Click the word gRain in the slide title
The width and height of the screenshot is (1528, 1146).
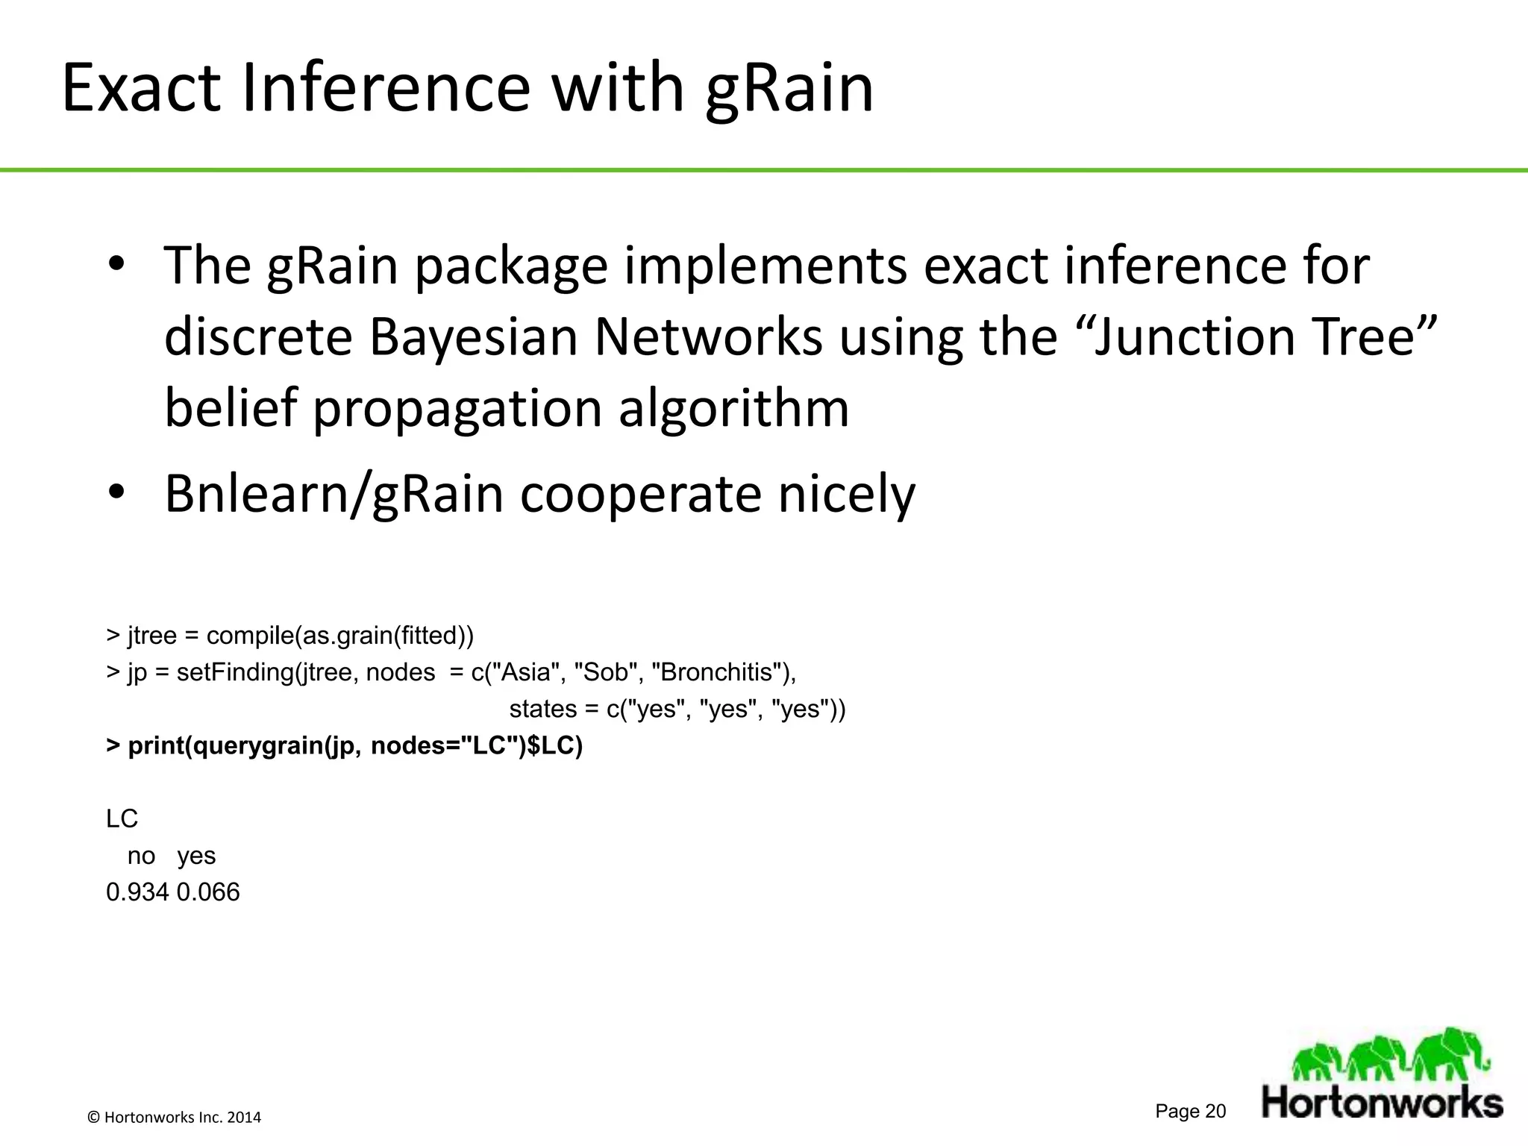[x=789, y=90]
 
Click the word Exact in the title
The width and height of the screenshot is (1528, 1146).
[x=142, y=90]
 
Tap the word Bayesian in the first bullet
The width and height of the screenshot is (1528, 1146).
[x=473, y=337]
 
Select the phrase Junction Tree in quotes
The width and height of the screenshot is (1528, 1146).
[x=1261, y=337]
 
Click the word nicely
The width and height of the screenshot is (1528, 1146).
[x=846, y=494]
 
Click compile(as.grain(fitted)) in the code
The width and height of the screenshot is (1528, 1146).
[x=339, y=636]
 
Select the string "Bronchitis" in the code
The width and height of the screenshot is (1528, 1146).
[x=716, y=672]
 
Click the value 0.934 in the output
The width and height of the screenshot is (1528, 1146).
[x=137, y=892]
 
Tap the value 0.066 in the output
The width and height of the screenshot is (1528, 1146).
[x=208, y=892]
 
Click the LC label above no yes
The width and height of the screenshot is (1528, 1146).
[x=122, y=819]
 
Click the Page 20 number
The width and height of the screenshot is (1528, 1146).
[x=1190, y=1111]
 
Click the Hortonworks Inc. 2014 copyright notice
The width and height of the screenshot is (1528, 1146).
[x=175, y=1117]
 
